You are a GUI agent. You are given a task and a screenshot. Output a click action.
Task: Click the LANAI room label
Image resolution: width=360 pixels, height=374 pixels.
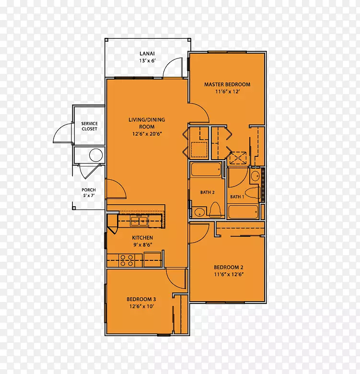(x=147, y=54)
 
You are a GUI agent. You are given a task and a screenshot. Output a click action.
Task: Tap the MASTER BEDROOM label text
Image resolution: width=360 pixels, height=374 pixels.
(x=227, y=84)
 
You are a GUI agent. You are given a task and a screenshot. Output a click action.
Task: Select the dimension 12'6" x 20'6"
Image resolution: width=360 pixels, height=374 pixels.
(x=147, y=134)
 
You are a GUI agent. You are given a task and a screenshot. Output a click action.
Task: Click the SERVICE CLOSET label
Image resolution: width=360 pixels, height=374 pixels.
(x=90, y=126)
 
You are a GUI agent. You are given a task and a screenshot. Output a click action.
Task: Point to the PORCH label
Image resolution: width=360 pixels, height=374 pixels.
(x=89, y=190)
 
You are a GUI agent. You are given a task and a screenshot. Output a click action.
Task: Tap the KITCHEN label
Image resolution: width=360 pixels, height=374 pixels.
(x=142, y=237)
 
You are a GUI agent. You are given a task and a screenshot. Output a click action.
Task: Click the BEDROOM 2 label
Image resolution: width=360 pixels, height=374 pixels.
(x=228, y=268)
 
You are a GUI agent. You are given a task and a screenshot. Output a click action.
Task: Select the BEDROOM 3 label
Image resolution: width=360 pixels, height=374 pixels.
(x=141, y=299)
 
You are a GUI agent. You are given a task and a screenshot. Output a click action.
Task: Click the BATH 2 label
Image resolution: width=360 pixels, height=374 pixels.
(x=207, y=192)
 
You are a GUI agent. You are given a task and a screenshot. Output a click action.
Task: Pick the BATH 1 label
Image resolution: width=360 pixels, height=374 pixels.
(x=237, y=197)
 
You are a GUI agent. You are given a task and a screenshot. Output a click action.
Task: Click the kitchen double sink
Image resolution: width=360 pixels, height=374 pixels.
(x=139, y=221)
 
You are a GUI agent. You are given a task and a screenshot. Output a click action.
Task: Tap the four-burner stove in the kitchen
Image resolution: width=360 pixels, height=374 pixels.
(x=127, y=260)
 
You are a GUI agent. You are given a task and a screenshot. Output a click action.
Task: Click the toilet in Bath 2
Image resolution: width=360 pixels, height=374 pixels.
(x=215, y=210)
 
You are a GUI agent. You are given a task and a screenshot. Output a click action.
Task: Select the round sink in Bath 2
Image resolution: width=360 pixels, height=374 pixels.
(x=199, y=212)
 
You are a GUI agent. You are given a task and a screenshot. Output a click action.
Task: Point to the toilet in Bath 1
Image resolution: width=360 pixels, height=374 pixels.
(x=253, y=193)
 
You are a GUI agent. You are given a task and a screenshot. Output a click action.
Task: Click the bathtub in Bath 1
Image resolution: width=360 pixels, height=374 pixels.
(x=243, y=212)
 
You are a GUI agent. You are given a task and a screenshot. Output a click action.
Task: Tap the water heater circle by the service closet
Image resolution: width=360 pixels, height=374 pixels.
(x=96, y=155)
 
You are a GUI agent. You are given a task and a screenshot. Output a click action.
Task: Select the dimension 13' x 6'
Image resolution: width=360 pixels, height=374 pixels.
(x=147, y=61)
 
